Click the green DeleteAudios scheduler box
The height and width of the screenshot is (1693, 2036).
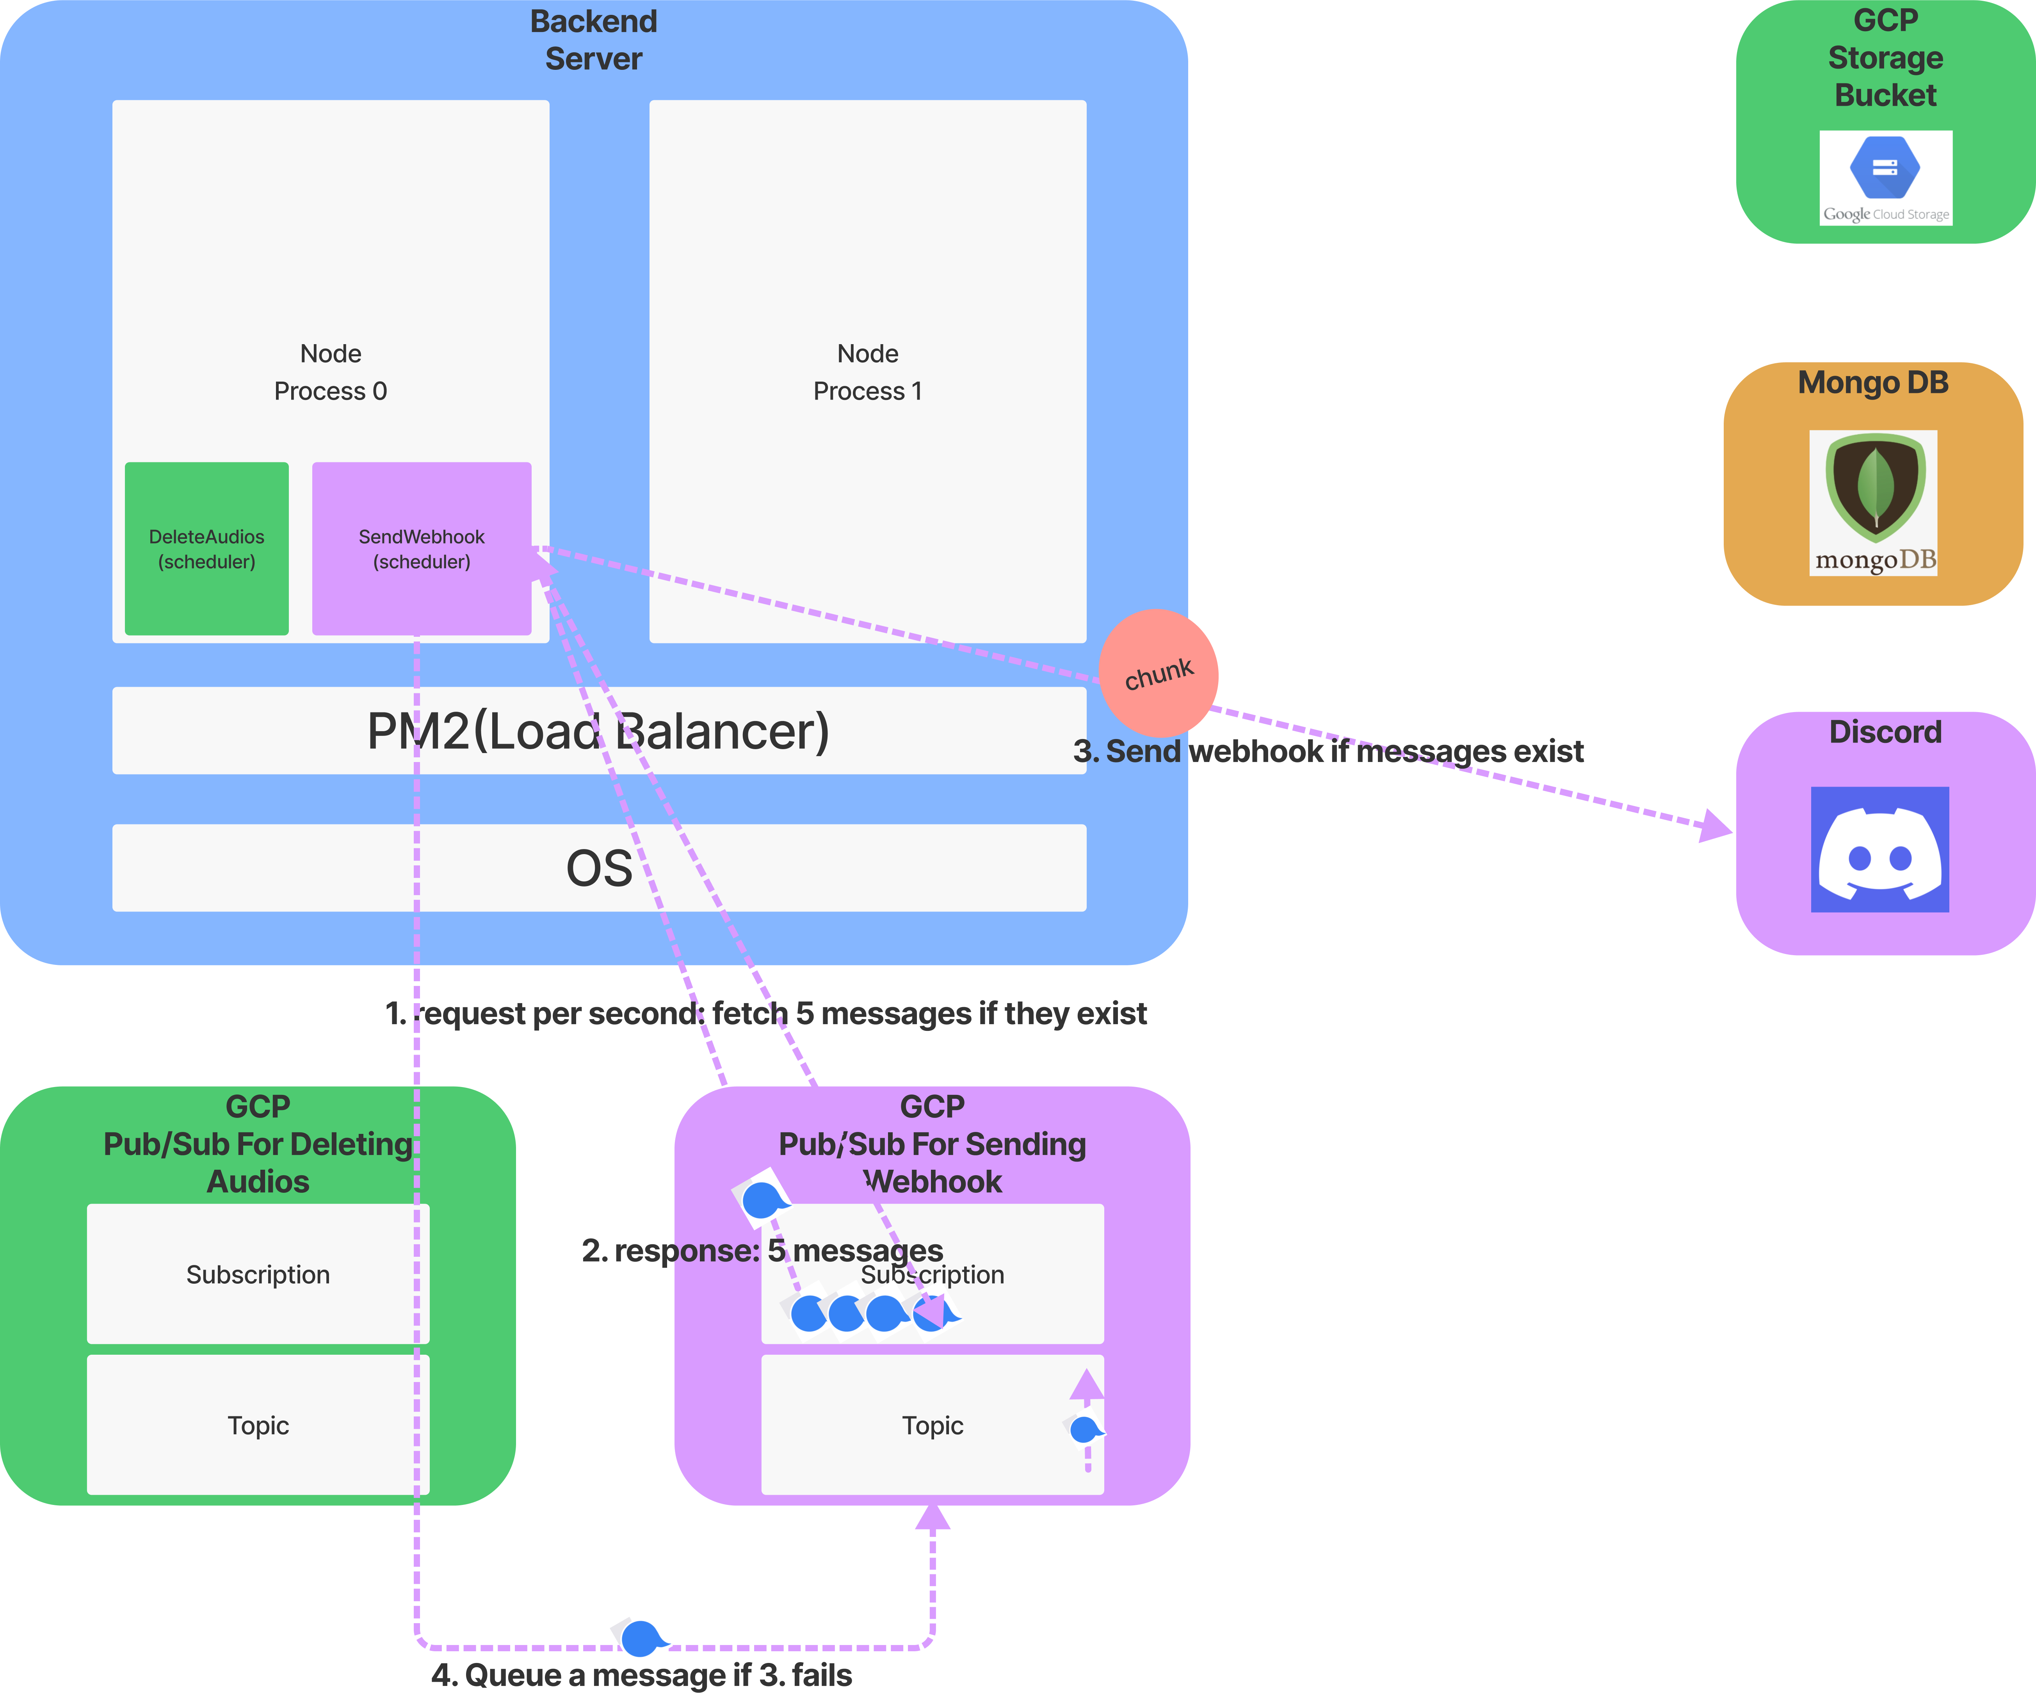click(x=206, y=549)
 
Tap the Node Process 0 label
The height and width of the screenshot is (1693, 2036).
click(x=331, y=372)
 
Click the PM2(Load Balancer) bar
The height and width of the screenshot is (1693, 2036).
click(x=598, y=731)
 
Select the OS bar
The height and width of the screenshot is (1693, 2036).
click(x=598, y=867)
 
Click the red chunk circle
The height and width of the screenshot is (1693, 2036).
click(x=1159, y=673)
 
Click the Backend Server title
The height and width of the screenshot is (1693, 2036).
click(x=593, y=40)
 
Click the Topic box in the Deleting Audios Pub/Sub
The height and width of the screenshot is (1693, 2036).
click(x=258, y=1425)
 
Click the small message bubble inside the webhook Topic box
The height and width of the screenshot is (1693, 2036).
click(x=1084, y=1428)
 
